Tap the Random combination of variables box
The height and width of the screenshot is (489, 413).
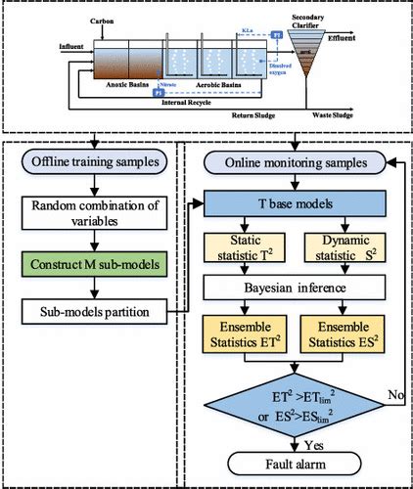click(x=91, y=215)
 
